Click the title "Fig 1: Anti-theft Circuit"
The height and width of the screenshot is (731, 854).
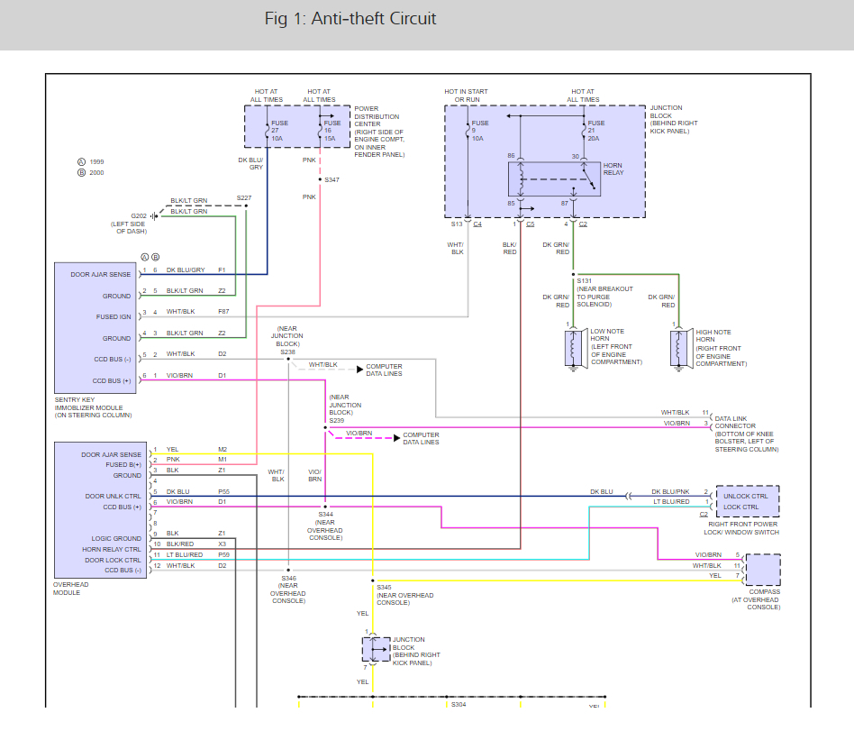pyautogui.click(x=350, y=19)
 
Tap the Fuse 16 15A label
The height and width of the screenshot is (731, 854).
pyautogui.click(x=330, y=131)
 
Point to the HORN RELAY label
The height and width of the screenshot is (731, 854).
pyautogui.click(x=613, y=169)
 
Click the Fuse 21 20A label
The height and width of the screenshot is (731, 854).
pyautogui.click(x=595, y=131)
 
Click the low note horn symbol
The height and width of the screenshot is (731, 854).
pyautogui.click(x=573, y=348)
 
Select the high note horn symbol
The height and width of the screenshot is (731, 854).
pyautogui.click(x=677, y=348)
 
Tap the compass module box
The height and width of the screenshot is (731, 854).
pyautogui.click(x=762, y=570)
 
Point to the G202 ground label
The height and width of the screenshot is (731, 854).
pyautogui.click(x=139, y=216)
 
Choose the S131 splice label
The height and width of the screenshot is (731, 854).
pyautogui.click(x=586, y=281)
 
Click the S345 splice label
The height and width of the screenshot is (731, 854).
pyautogui.click(x=386, y=588)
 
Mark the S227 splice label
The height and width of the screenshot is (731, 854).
pyautogui.click(x=244, y=198)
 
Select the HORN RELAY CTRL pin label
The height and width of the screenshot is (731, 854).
pyautogui.click(x=112, y=549)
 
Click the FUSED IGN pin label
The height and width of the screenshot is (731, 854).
pyautogui.click(x=114, y=316)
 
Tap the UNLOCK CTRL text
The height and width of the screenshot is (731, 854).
pyautogui.click(x=747, y=496)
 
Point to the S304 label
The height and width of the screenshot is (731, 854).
pyautogui.click(x=459, y=704)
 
